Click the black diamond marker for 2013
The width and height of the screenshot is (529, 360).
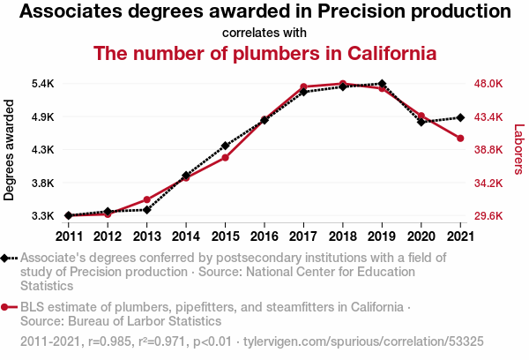146,210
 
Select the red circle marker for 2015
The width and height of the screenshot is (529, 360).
226,158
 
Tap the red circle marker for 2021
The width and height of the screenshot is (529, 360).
460,139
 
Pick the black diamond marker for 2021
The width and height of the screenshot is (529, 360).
460,117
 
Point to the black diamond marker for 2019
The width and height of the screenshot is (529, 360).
382,84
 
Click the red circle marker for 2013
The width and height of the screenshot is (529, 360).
146,199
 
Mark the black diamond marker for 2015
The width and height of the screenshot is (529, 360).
226,146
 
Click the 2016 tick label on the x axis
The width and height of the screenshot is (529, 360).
264,236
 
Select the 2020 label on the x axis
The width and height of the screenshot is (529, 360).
421,236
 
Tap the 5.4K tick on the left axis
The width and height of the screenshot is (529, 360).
43,84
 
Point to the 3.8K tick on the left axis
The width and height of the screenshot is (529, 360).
43,183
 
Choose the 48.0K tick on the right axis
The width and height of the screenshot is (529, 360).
488,84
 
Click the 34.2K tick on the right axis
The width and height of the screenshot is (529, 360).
488,183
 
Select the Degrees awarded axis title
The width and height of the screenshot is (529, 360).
9,150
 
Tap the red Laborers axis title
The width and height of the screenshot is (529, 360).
519,149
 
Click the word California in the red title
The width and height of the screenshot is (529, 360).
392,53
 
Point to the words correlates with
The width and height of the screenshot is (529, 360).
264,33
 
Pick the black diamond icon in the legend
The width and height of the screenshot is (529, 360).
4,259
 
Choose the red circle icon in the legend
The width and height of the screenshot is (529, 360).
4,307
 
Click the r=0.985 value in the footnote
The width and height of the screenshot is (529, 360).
109,341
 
